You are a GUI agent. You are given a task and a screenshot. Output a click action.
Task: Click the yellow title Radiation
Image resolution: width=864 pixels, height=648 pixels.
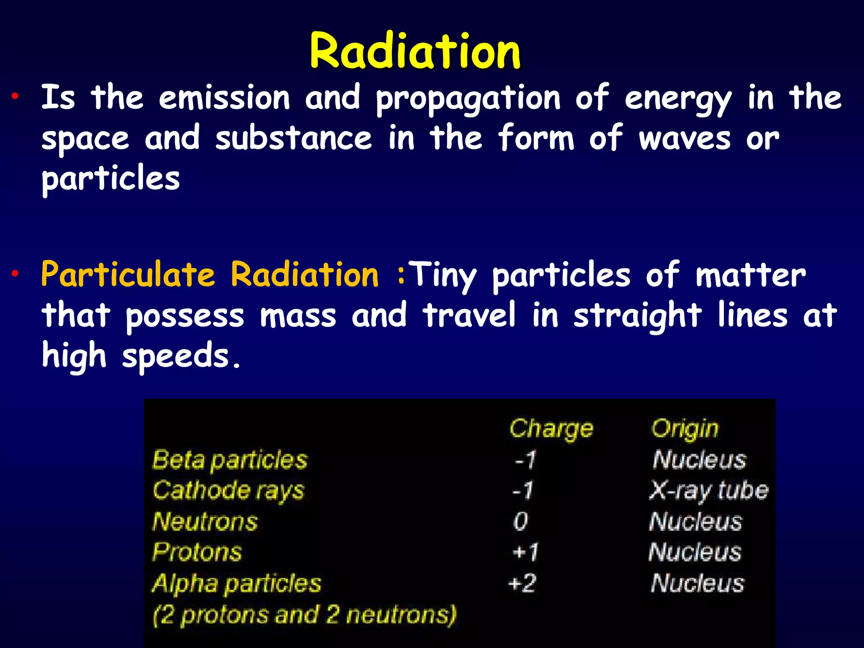[415, 51]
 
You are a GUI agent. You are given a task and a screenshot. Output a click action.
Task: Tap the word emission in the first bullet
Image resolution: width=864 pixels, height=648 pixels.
[224, 98]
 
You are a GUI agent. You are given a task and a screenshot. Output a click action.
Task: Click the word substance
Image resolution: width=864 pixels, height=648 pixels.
[294, 138]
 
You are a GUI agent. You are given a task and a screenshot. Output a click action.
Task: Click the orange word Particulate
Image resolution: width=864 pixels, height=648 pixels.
[128, 275]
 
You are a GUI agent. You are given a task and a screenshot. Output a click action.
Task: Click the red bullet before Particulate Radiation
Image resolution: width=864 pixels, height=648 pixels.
[15, 274]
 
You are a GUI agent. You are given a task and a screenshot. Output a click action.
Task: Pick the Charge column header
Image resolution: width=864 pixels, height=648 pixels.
[551, 429]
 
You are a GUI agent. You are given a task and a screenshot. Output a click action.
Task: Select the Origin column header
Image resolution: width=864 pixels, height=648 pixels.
[684, 429]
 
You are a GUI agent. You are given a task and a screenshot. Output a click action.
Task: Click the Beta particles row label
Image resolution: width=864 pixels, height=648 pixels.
[230, 460]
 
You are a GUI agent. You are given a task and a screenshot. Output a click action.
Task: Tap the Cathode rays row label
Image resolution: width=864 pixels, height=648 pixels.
[228, 491]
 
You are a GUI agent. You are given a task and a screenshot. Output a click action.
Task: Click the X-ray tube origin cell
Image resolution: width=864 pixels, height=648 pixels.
[709, 491]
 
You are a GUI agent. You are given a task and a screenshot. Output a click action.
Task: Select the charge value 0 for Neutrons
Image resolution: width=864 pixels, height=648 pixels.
[521, 521]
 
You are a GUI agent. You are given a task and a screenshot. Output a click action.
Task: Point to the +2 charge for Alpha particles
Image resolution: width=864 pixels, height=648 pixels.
[522, 584]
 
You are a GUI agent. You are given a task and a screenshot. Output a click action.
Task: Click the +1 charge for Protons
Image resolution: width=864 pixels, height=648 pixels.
[525, 552]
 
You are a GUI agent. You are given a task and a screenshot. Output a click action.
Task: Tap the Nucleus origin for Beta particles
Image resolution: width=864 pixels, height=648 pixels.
[699, 460]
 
